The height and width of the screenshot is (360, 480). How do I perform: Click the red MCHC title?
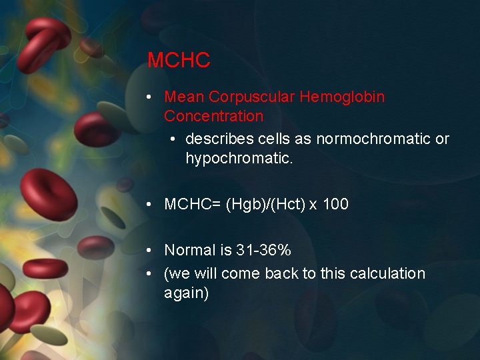[x=179, y=60]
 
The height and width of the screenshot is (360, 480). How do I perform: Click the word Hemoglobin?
[x=342, y=97]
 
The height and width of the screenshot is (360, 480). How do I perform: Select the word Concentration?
[x=213, y=116]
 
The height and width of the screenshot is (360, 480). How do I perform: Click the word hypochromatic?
[x=239, y=158]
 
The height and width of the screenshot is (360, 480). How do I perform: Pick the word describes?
[x=215, y=139]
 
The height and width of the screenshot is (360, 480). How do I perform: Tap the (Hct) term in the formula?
[x=289, y=204]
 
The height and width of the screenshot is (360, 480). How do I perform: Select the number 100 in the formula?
[x=335, y=204]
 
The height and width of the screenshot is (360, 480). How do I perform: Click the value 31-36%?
[x=263, y=250]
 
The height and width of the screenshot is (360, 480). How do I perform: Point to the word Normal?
[x=188, y=250]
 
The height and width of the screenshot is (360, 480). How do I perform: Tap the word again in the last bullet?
[x=186, y=293]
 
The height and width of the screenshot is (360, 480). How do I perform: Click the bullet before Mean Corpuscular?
[x=151, y=97]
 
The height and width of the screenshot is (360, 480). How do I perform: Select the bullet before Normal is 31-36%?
[x=151, y=251]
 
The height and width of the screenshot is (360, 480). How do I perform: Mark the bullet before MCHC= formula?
[x=151, y=205]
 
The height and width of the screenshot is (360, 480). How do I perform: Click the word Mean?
[x=184, y=97]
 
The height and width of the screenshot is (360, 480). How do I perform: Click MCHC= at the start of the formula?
[x=193, y=204]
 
